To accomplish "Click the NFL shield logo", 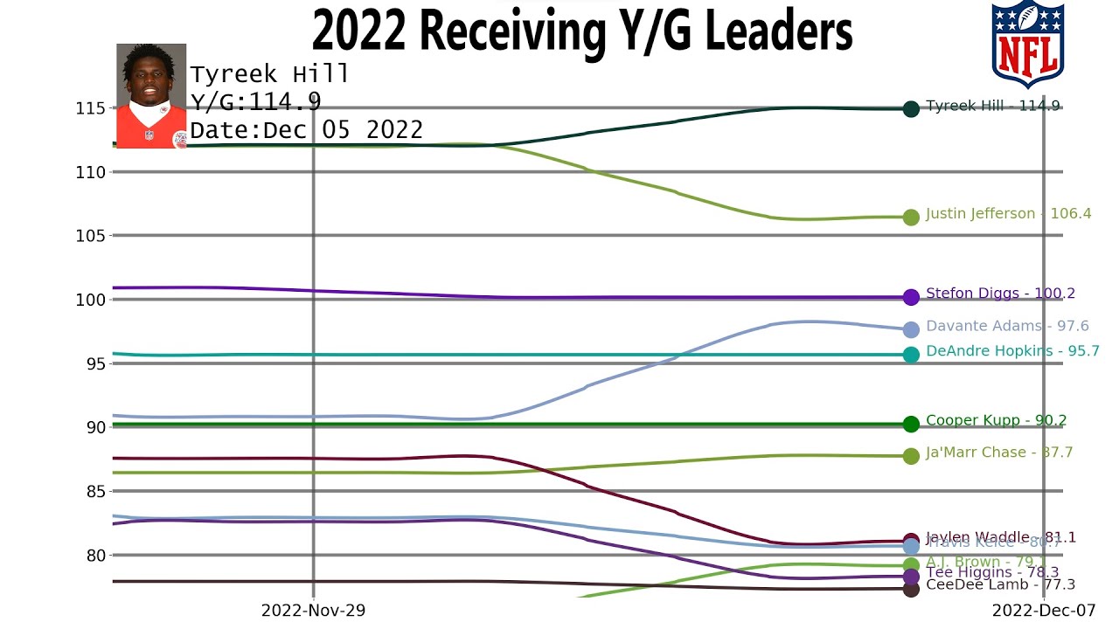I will click(x=1027, y=44).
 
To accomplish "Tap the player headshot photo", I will click(x=151, y=96).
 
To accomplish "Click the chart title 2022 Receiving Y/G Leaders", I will click(x=582, y=31).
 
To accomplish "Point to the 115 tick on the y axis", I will click(x=90, y=108).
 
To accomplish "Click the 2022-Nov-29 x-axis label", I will click(x=313, y=611).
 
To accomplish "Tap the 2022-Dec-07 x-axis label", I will click(x=1043, y=611).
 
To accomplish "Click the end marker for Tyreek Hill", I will click(x=911, y=109).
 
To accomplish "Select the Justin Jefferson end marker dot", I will click(x=911, y=217).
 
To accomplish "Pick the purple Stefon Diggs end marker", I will click(x=911, y=297).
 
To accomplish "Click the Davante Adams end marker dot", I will click(x=911, y=329).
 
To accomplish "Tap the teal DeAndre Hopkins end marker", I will click(x=911, y=355).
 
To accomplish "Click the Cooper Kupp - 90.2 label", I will click(x=996, y=420).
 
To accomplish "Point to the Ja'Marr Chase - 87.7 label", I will click(x=999, y=453).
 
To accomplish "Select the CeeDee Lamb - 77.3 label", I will click(x=1000, y=584).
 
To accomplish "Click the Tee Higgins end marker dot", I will click(x=911, y=577).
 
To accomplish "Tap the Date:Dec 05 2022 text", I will click(x=306, y=130).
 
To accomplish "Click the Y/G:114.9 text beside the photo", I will click(x=255, y=102).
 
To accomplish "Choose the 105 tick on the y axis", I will click(x=90, y=236).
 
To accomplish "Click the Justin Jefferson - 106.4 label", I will click(x=1008, y=213).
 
